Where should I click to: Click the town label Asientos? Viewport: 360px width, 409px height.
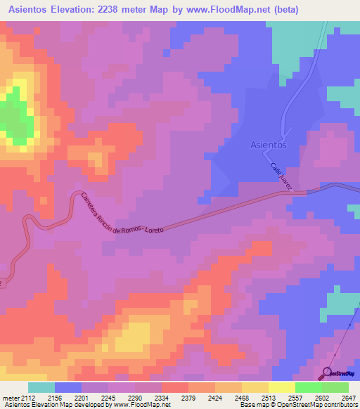pyautogui.click(x=269, y=145)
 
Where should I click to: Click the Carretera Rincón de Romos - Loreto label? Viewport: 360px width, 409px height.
pyautogui.click(x=122, y=214)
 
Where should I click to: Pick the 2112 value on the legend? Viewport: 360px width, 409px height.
pyautogui.click(x=28, y=398)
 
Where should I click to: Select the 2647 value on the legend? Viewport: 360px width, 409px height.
pyautogui.click(x=348, y=398)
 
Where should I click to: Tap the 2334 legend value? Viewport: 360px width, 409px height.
pyautogui.click(x=161, y=398)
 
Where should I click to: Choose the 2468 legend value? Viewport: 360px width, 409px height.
pyautogui.click(x=241, y=398)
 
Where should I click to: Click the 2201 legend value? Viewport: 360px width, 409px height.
pyautogui.click(x=82, y=398)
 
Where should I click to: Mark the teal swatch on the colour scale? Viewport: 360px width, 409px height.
pyautogui.click(x=41, y=387)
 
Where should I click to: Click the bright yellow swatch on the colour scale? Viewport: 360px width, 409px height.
pyautogui.click(x=281, y=387)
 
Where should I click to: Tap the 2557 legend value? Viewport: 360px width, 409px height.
pyautogui.click(x=295, y=398)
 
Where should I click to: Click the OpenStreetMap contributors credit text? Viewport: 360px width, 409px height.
pyautogui.click(x=310, y=405)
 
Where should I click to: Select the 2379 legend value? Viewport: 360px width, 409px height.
pyautogui.click(x=188, y=398)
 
